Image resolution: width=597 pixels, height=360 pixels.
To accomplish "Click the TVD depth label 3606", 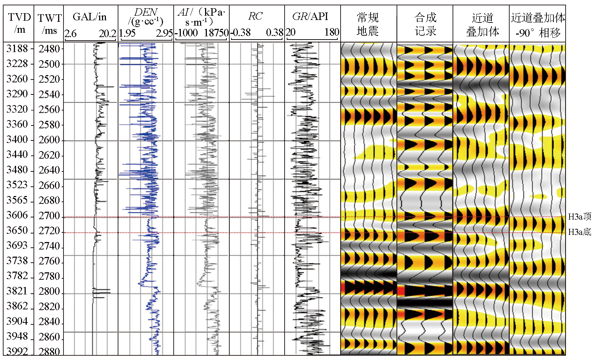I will [17, 215].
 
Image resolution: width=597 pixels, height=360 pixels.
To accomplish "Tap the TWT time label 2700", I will [49, 216].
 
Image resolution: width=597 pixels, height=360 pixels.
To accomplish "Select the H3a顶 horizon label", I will [580, 216].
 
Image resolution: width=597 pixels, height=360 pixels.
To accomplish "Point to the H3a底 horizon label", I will [580, 232].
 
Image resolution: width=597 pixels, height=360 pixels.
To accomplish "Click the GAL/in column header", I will [90, 17].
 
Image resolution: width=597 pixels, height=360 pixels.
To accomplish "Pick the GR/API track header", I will [310, 16].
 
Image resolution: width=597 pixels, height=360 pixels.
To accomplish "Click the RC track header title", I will [255, 16].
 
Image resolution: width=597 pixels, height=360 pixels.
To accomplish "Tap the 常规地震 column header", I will [367, 24].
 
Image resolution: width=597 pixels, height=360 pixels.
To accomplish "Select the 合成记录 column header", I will [425, 24].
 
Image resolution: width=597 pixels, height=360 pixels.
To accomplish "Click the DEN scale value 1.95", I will [127, 33].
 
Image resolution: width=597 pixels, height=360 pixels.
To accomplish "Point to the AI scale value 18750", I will [216, 33].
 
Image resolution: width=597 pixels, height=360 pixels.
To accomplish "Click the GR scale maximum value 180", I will [332, 32].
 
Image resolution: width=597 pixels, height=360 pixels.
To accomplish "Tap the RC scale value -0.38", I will [240, 33].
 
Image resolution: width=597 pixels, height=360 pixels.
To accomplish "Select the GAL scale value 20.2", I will [107, 34].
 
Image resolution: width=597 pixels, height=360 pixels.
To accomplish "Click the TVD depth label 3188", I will [17, 48].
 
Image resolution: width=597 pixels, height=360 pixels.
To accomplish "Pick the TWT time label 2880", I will [49, 352].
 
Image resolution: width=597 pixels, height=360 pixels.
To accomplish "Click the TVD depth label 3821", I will [17, 291].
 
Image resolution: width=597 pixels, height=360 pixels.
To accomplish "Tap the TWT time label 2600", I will [49, 140].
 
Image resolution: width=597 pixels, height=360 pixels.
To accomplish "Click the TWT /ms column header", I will [50, 24].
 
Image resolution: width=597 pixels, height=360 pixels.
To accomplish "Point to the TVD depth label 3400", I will [17, 139].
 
